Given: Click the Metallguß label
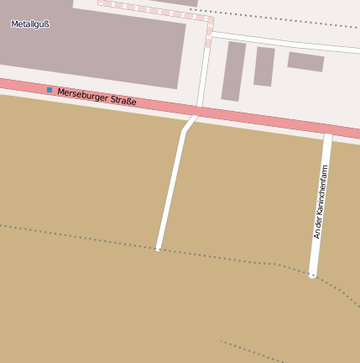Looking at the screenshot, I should point(30,24).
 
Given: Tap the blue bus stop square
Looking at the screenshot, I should point(50,89).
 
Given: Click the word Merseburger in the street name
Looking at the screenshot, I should point(84,95).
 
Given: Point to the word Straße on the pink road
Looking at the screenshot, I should point(123,102).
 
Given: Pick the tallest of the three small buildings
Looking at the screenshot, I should point(233,71).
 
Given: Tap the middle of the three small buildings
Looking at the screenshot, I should point(264,66).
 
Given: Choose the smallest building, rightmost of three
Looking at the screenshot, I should point(305,61).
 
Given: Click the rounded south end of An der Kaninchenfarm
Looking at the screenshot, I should point(312,274).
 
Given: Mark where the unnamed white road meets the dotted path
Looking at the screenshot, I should point(158,249).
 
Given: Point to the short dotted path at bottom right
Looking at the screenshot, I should point(252,352).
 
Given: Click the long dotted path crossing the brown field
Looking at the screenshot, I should point(84,236).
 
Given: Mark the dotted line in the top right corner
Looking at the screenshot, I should point(277,18).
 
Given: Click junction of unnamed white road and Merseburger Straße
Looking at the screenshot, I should point(196,112).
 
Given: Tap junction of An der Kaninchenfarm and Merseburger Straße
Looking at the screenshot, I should point(328,130).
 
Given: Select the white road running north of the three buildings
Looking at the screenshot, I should point(285,42).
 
